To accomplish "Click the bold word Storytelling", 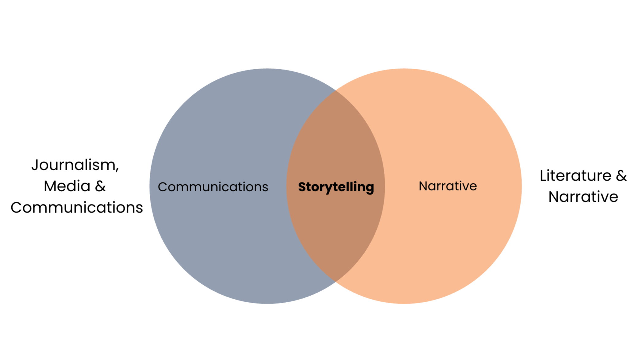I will coord(336,187).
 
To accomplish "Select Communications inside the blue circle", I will coord(213,187).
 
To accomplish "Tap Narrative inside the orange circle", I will coord(448,186).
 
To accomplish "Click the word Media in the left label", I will coord(67,186).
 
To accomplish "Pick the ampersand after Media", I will coord(100,186).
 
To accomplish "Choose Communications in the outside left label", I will coord(77,207).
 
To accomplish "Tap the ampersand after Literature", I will coord(621,176).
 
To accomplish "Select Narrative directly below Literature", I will coord(583,197).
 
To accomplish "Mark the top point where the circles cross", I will coord(336,90).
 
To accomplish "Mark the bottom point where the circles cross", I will coord(336,281).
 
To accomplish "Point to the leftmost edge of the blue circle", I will coord(150,186).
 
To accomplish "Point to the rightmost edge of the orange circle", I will coord(521,186).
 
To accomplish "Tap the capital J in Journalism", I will coord(35,165).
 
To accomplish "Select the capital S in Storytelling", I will coord(302,187).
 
